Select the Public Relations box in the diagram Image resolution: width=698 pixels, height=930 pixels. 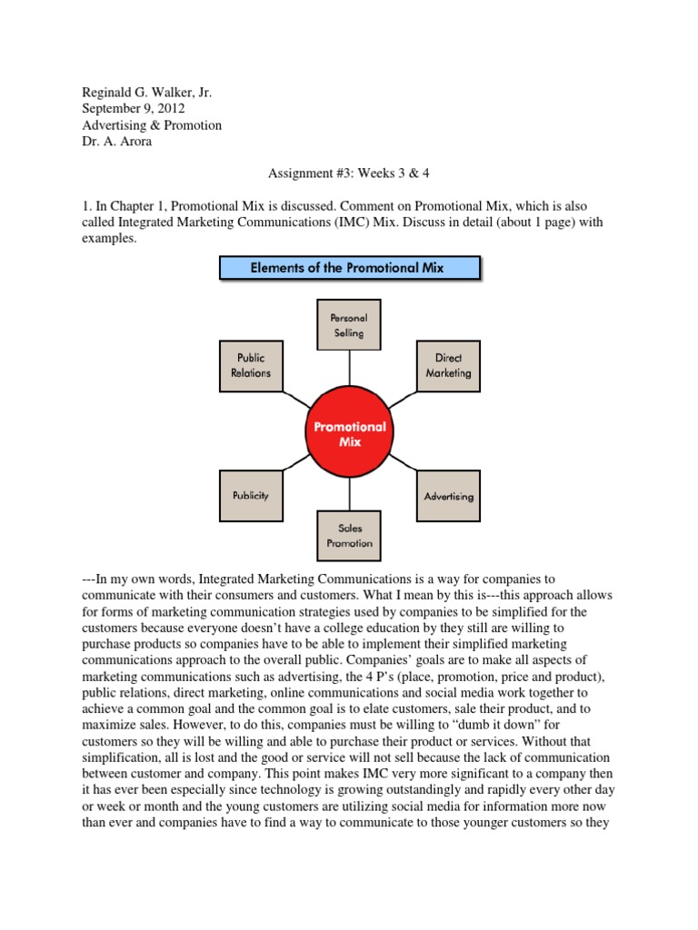tap(251, 365)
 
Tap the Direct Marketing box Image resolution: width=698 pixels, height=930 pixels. tap(447, 365)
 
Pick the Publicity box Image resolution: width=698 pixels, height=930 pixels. tap(251, 496)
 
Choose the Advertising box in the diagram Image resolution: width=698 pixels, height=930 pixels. tap(448, 496)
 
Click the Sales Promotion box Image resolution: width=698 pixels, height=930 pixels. tap(349, 535)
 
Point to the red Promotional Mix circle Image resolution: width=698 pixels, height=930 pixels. tap(349, 433)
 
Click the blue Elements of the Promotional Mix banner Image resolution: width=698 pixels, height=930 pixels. tap(349, 268)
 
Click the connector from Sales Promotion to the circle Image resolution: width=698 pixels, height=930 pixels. tap(349, 491)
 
